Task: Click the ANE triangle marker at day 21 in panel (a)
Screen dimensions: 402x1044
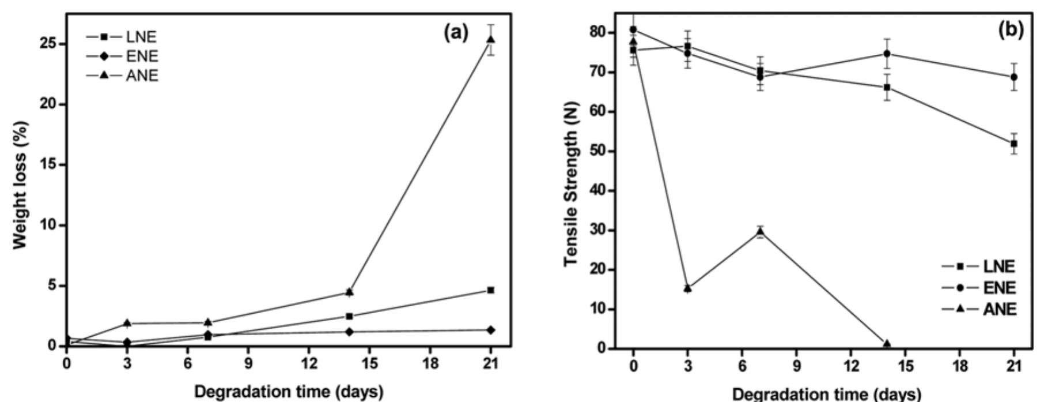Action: pos(490,39)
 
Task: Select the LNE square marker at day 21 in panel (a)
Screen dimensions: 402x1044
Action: pos(490,290)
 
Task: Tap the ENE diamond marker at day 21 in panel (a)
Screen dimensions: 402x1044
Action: pos(490,330)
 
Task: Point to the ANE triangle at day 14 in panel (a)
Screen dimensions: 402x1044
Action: pos(349,292)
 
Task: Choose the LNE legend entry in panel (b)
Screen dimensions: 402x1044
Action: pos(979,266)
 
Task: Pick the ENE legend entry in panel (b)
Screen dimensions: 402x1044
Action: pos(979,288)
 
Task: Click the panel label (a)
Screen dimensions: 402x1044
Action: pos(456,33)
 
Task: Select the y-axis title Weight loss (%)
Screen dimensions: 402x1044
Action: pos(21,185)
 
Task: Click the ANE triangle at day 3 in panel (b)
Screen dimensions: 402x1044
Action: pos(687,288)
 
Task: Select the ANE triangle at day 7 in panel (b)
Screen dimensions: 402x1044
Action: pos(760,232)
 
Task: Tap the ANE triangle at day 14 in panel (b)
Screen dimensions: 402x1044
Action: pos(887,344)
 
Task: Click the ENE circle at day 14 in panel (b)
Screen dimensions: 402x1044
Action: pos(887,54)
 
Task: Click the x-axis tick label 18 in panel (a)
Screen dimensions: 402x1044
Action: pos(430,365)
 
